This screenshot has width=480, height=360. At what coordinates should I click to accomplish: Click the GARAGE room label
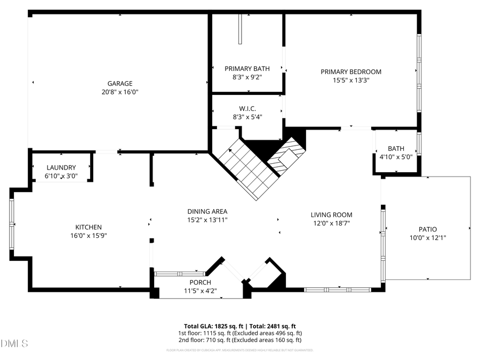pyautogui.click(x=120, y=84)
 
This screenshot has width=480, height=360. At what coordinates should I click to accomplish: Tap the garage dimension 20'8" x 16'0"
pyautogui.click(x=120, y=92)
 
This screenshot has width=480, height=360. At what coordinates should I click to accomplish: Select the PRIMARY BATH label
pyautogui.click(x=247, y=68)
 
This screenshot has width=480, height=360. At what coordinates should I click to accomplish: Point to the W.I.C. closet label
pyautogui.click(x=247, y=109)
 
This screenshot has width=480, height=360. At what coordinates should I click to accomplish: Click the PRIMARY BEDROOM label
pyautogui.click(x=351, y=71)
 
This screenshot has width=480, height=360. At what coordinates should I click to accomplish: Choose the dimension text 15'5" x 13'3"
pyautogui.click(x=351, y=80)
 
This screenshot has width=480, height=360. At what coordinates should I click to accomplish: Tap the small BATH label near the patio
pyautogui.click(x=396, y=149)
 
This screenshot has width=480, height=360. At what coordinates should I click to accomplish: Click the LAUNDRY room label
pyautogui.click(x=61, y=167)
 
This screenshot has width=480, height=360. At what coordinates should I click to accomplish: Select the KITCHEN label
pyautogui.click(x=89, y=227)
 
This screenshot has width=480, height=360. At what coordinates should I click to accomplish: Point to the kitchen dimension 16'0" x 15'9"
pyautogui.click(x=89, y=236)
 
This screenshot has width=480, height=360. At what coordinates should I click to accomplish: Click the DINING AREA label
pyautogui.click(x=207, y=211)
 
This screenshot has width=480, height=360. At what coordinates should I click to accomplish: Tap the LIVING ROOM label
pyautogui.click(x=331, y=215)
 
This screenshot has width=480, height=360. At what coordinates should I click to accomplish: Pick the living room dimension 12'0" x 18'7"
pyautogui.click(x=331, y=223)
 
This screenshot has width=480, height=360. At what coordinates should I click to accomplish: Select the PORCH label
pyautogui.click(x=200, y=282)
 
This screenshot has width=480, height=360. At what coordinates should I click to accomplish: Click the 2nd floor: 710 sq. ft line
pyautogui.click(x=239, y=340)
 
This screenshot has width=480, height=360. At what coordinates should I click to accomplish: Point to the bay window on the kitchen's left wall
pyautogui.click(x=12, y=224)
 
